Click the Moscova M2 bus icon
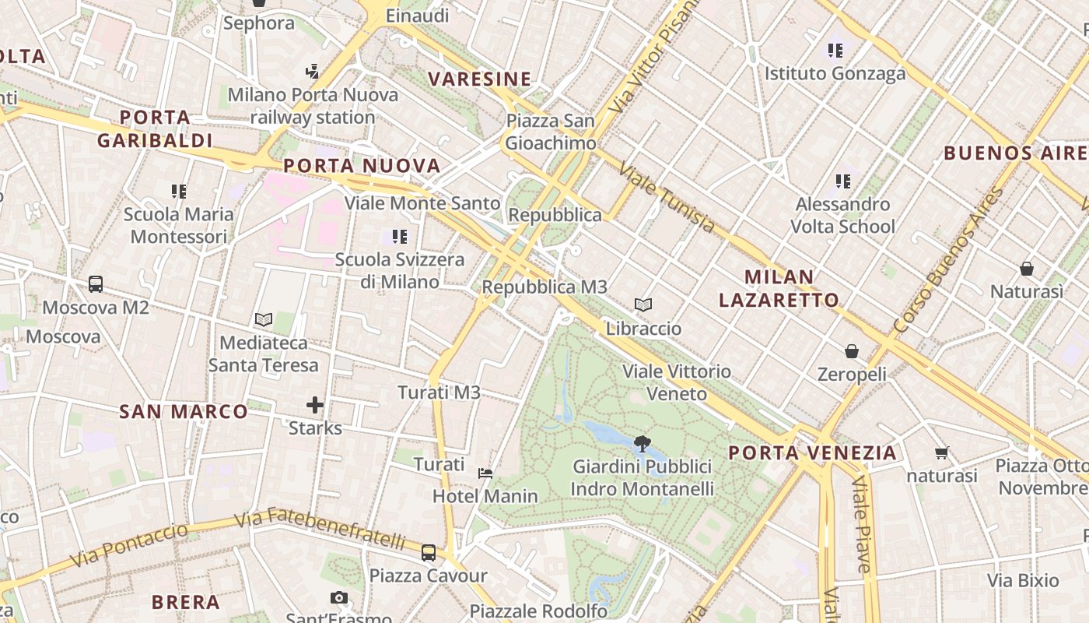coord(96,284)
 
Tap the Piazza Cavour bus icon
coord(429,553)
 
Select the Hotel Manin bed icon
coord(485,473)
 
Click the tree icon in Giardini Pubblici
coord(642,444)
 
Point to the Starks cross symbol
coord(315,405)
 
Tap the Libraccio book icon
coord(643,304)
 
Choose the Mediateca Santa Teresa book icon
coord(264,319)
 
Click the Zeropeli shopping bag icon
coord(852,351)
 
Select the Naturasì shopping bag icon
coord(1027,269)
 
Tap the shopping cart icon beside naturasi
coord(942,452)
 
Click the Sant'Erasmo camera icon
coord(338,598)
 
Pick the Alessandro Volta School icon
coord(842,181)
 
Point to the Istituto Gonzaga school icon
coord(835,51)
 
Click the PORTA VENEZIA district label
coord(813,452)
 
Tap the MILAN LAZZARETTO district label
coord(779,288)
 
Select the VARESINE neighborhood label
coord(480,79)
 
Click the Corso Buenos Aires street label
coord(950,262)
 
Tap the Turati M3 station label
coord(439,392)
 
